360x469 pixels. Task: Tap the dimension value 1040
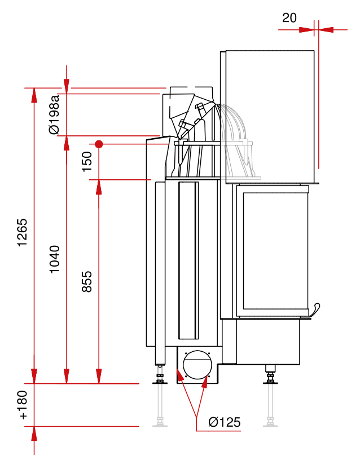pos(55,259)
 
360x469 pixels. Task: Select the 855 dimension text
pos(87,281)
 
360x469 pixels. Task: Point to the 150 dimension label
pos(87,162)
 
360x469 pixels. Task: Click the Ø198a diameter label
pos(55,115)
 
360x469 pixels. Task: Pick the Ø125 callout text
pos(224,422)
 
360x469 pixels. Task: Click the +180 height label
pos(23,405)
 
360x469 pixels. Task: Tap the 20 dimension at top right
pos(289,17)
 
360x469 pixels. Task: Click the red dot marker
pos(99,144)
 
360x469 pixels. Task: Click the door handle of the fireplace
pos(315,309)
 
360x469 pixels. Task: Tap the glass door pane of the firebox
pos(275,251)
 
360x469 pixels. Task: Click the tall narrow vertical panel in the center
pos(188,259)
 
